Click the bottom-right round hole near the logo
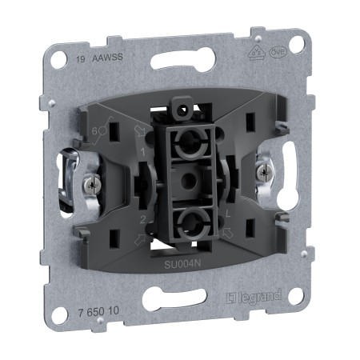click(295, 297)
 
